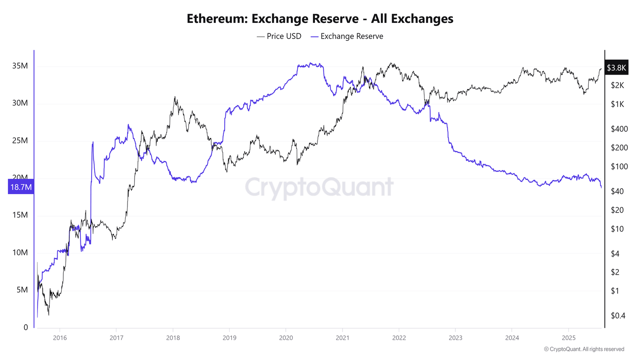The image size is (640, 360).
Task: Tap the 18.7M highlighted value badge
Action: click(21, 187)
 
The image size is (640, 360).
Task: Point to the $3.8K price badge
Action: click(616, 67)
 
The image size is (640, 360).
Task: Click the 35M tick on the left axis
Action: click(20, 66)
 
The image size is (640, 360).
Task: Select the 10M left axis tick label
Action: click(20, 252)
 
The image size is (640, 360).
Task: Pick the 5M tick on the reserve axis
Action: click(22, 290)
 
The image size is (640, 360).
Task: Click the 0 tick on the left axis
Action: click(26, 327)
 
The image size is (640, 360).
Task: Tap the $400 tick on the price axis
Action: click(619, 129)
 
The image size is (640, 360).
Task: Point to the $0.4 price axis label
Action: click(618, 315)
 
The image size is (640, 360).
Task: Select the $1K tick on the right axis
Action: click(617, 104)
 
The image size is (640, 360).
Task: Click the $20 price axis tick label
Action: click(617, 210)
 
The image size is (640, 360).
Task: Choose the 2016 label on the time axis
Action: click(60, 337)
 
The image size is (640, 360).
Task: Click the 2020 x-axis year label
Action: click(286, 337)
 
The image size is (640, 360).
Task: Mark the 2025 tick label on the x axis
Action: click(569, 337)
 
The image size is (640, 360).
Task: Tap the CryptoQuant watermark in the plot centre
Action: click(319, 187)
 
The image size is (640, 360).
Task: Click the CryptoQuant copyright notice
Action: click(584, 349)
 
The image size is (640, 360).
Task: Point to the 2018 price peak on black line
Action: click(175, 97)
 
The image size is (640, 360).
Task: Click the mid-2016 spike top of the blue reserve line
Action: click(92, 142)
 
